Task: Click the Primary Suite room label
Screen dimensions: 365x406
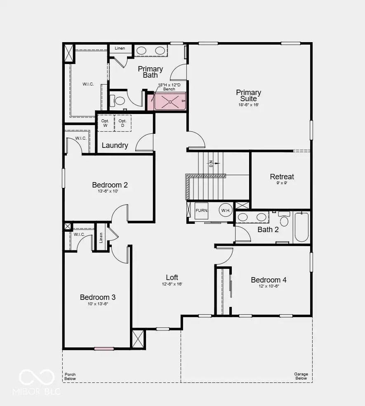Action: pos(248,95)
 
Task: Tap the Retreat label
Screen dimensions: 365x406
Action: pos(282,177)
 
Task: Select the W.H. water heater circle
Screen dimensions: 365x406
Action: pos(226,210)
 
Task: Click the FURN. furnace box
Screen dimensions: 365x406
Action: pos(202,211)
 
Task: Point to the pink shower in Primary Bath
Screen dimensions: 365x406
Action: pos(170,102)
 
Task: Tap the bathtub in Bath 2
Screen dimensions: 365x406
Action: pos(301,227)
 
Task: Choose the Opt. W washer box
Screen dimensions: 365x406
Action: pos(106,123)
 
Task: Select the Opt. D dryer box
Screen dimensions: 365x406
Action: pos(123,123)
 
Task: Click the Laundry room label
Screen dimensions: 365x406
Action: pos(115,145)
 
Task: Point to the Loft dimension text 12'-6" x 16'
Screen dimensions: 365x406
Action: pos(172,284)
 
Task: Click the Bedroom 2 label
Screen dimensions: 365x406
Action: pos(110,185)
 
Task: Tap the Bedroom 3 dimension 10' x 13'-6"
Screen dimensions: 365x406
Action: pos(98,304)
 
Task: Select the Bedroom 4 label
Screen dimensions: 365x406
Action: pos(268,280)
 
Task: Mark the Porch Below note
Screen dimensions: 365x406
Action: pos(70,377)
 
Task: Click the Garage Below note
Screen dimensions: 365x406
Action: pos(301,376)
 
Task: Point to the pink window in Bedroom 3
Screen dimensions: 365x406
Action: pos(104,349)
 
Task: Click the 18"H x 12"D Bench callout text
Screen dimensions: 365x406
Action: pos(169,87)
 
